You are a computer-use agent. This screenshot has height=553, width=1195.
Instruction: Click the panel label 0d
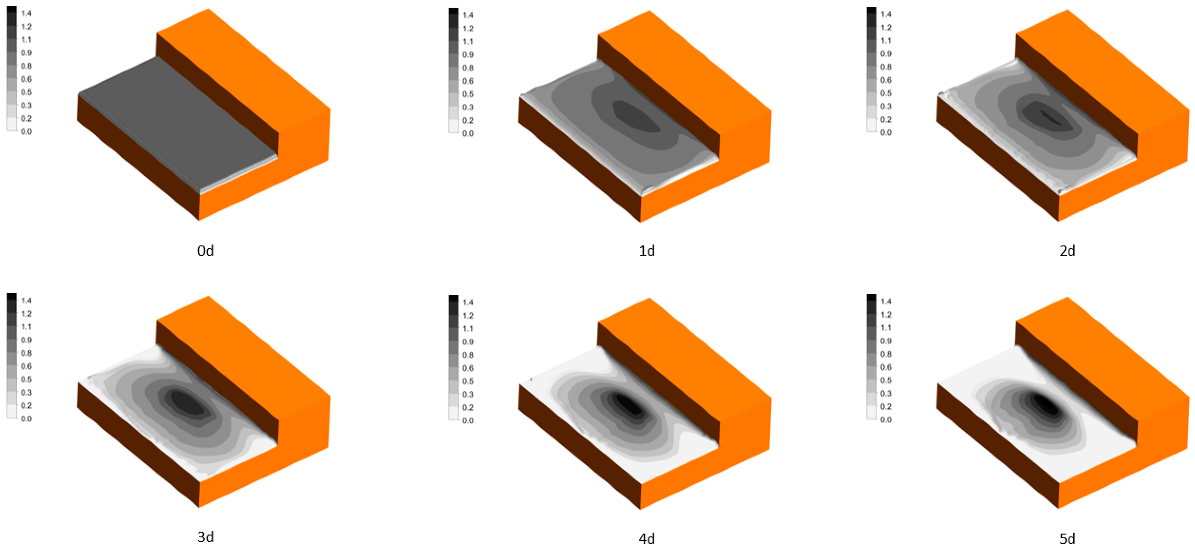click(206, 251)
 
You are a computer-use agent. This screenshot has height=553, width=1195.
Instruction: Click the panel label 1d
click(647, 251)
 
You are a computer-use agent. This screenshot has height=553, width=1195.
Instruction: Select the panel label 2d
click(1067, 251)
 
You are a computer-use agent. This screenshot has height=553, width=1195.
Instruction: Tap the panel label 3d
click(206, 537)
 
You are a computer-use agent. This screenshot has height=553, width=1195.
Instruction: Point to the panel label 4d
click(647, 539)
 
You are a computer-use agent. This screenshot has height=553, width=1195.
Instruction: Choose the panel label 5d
click(1067, 539)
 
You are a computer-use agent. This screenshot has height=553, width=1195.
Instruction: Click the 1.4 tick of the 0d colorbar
click(26, 13)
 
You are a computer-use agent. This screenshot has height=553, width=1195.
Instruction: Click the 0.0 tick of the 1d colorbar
click(468, 134)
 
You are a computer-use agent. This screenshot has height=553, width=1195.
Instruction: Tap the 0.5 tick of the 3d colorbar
click(26, 379)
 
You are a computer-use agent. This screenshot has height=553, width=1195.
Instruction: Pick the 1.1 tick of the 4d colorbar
click(468, 329)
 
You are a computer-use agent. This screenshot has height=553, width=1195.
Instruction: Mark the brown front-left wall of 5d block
click(997, 446)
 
